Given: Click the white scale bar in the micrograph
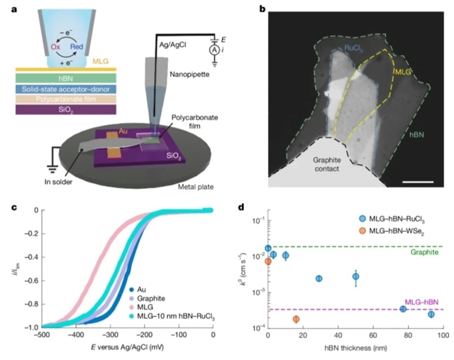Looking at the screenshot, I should click(x=418, y=182).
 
